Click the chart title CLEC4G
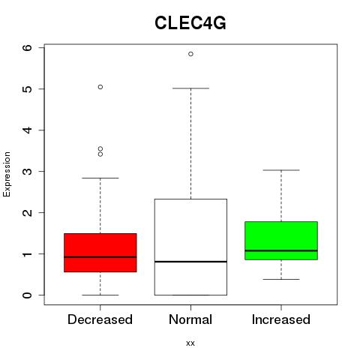coord(190,23)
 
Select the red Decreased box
coord(100,253)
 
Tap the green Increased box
coord(281,241)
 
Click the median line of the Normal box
coord(190,262)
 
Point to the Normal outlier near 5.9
coord(190,54)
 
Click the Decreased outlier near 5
coord(100,87)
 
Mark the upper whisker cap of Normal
coord(190,88)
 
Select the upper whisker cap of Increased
coord(281,170)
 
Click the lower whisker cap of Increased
coord(281,279)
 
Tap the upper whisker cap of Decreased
coord(100,178)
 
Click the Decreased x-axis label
coord(100,319)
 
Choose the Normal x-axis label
coord(190,319)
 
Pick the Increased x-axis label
coord(281,319)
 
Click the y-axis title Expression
coord(7,174)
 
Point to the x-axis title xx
coord(190,343)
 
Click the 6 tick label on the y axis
coord(28,47)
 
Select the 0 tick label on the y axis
coord(28,295)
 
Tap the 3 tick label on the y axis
coord(28,171)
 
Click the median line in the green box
coord(281,250)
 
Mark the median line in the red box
coord(100,257)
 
